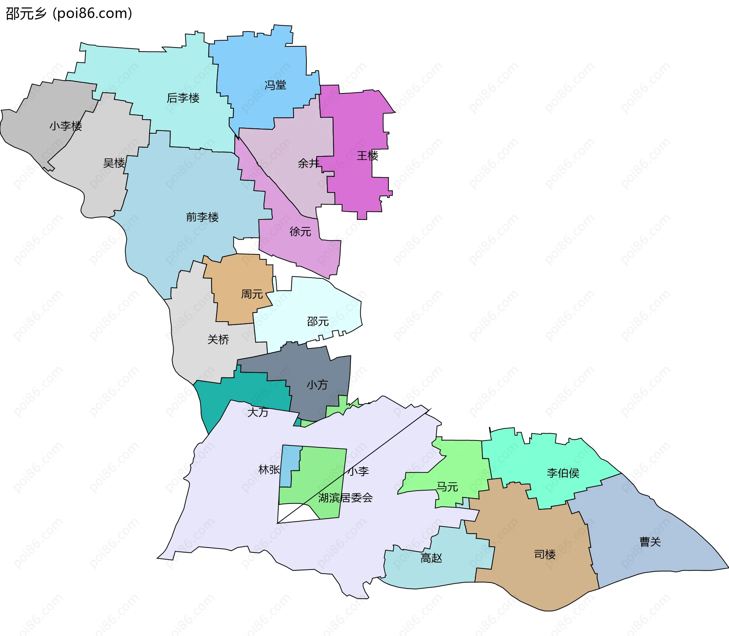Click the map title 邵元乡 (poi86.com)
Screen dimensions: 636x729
coord(69,14)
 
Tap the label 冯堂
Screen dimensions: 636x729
coord(275,85)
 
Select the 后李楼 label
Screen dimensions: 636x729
coord(183,98)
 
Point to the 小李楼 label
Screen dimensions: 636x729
coord(66,126)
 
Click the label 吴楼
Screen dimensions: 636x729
coord(114,163)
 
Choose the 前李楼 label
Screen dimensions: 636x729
coord(202,217)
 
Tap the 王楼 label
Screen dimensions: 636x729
coord(368,155)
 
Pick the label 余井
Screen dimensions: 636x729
coord(309,163)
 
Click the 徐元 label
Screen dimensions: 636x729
coord(300,231)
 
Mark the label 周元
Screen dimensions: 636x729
coord(252,294)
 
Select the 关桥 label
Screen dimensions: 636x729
coord(218,339)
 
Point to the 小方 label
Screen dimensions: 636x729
coord(317,385)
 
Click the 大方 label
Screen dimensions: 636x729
coord(258,412)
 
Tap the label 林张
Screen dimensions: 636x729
coord(269,470)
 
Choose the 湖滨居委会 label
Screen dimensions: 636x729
coord(346,497)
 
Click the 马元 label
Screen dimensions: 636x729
coord(447,486)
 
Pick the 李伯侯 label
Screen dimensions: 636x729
coord(563,473)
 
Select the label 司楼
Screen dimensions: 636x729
coord(545,554)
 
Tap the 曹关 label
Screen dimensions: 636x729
coord(650,542)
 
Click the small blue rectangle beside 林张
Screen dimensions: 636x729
coord(289,467)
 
